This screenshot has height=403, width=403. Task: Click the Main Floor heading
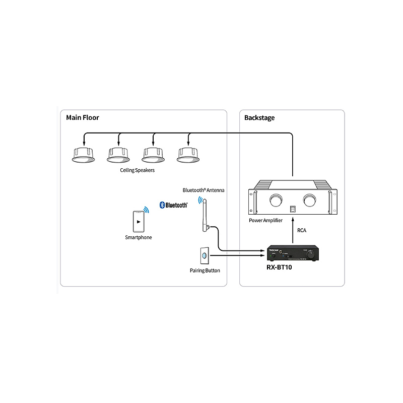[83, 118]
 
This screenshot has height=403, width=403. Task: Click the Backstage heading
[259, 118]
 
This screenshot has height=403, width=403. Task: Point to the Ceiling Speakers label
[137, 170]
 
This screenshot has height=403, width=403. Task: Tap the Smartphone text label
[138, 237]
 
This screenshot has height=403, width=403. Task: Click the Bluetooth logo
[173, 205]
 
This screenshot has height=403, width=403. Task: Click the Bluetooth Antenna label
[204, 190]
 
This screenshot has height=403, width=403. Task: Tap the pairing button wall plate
[205, 256]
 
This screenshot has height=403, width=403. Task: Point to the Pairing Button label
[205, 271]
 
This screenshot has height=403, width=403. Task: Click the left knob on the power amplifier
[277, 200]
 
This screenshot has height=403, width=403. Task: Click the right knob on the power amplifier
[308, 200]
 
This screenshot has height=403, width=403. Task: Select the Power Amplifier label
[265, 221]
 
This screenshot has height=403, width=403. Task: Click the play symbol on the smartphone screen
[138, 221]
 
